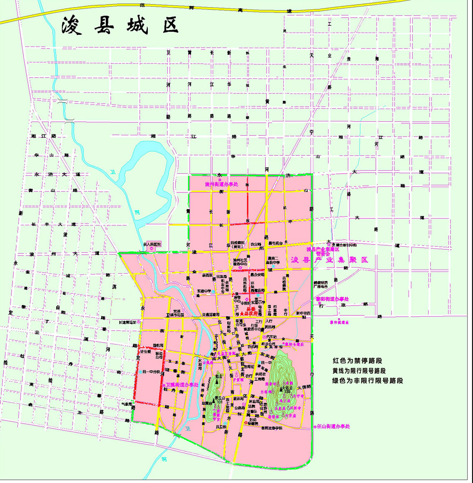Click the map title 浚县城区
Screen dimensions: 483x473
click(x=120, y=25)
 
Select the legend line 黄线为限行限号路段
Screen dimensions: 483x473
click(x=359, y=371)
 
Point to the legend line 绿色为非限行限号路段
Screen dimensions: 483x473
click(x=368, y=381)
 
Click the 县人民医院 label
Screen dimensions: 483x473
click(x=152, y=244)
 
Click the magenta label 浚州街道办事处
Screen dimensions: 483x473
click(x=221, y=184)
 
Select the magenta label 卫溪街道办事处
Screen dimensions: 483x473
click(x=182, y=384)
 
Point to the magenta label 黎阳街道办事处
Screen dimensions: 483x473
click(x=332, y=299)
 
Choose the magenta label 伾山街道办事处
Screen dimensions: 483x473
click(x=333, y=426)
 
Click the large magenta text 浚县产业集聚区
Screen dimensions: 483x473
click(x=329, y=260)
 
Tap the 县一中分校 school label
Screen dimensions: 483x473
click(x=151, y=372)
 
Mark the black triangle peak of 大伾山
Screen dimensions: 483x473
click(x=282, y=389)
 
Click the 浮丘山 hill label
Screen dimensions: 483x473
click(x=220, y=398)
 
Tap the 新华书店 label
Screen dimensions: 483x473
click(x=303, y=313)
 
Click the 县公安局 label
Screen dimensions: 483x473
click(x=257, y=275)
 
